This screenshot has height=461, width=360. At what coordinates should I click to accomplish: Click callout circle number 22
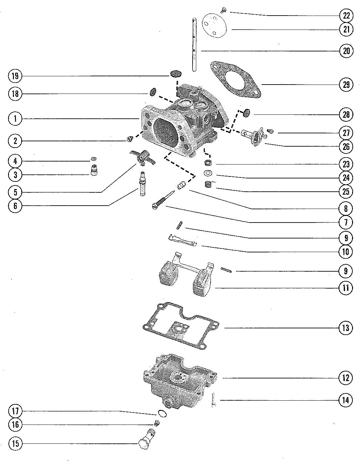(346, 16)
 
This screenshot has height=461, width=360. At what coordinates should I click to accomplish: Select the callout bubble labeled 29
(346, 85)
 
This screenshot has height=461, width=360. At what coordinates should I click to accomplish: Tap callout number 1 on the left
(15, 119)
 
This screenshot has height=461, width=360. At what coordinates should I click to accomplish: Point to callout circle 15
(15, 444)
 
